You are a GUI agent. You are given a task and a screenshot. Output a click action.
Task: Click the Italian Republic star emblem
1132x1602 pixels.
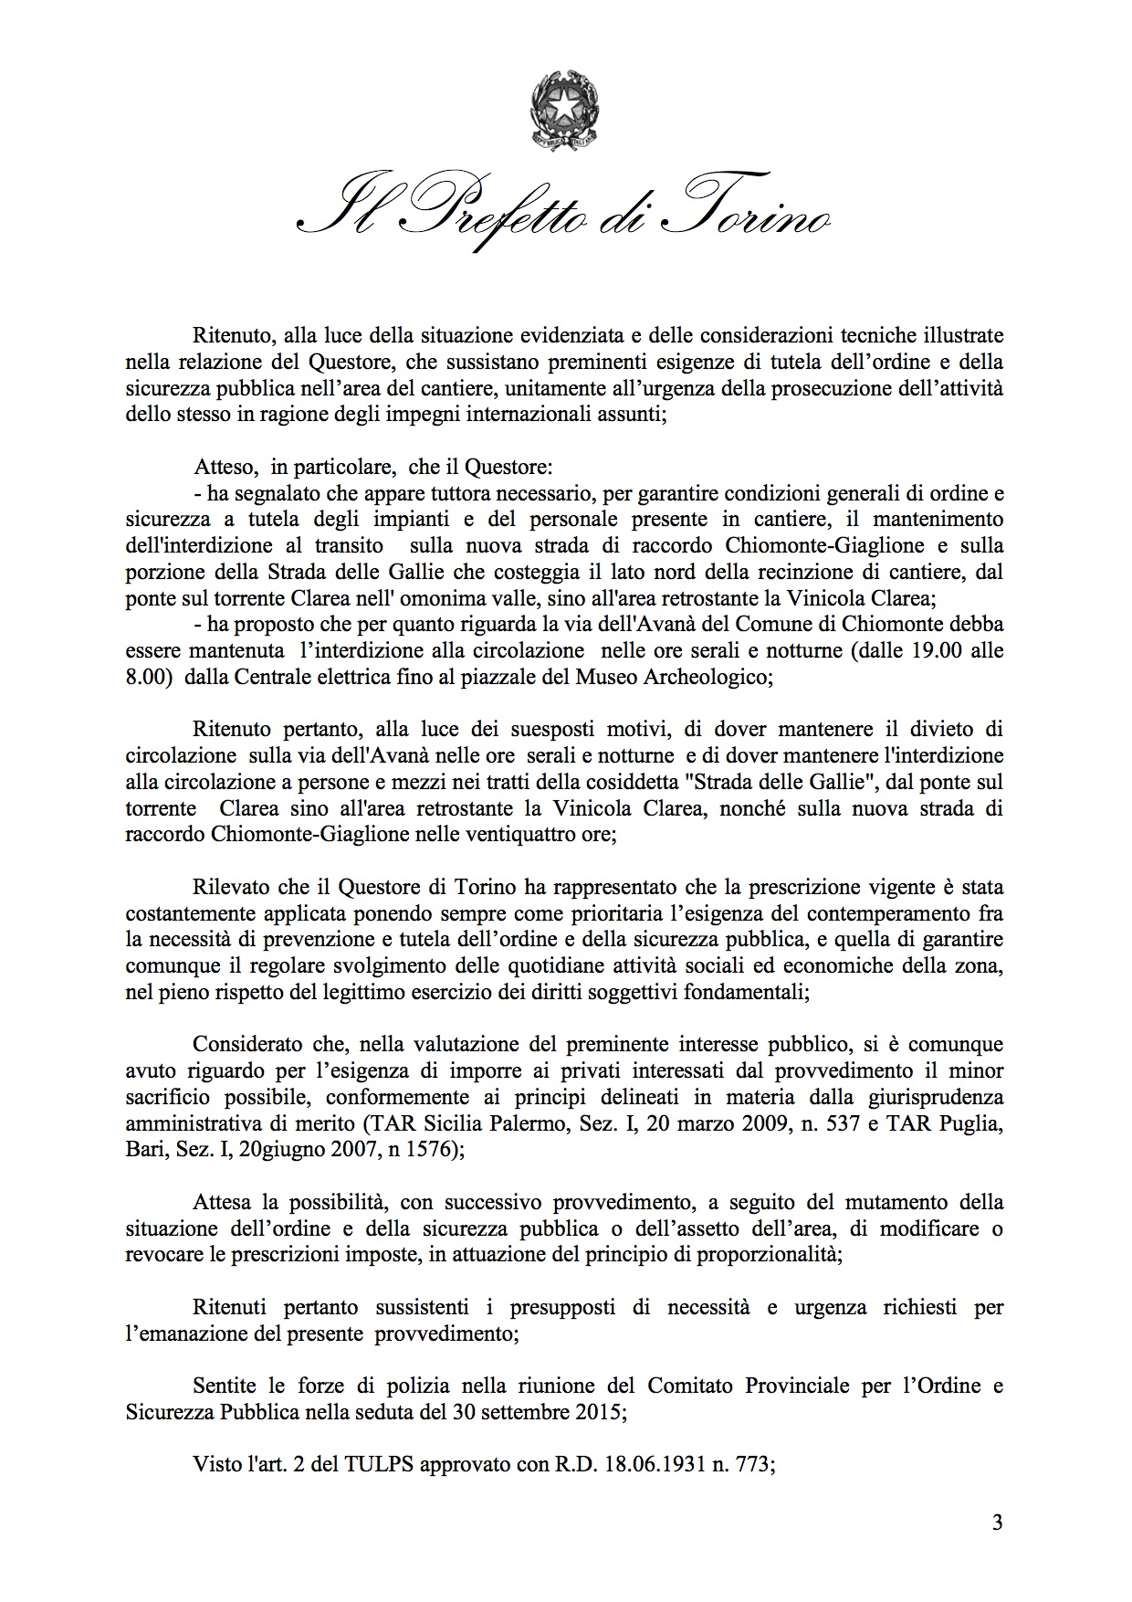pyautogui.click(x=566, y=114)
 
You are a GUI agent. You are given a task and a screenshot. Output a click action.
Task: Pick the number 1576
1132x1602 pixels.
pyautogui.click(x=428, y=1150)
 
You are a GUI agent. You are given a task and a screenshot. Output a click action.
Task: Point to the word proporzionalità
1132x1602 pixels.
pyautogui.click(x=768, y=1254)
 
